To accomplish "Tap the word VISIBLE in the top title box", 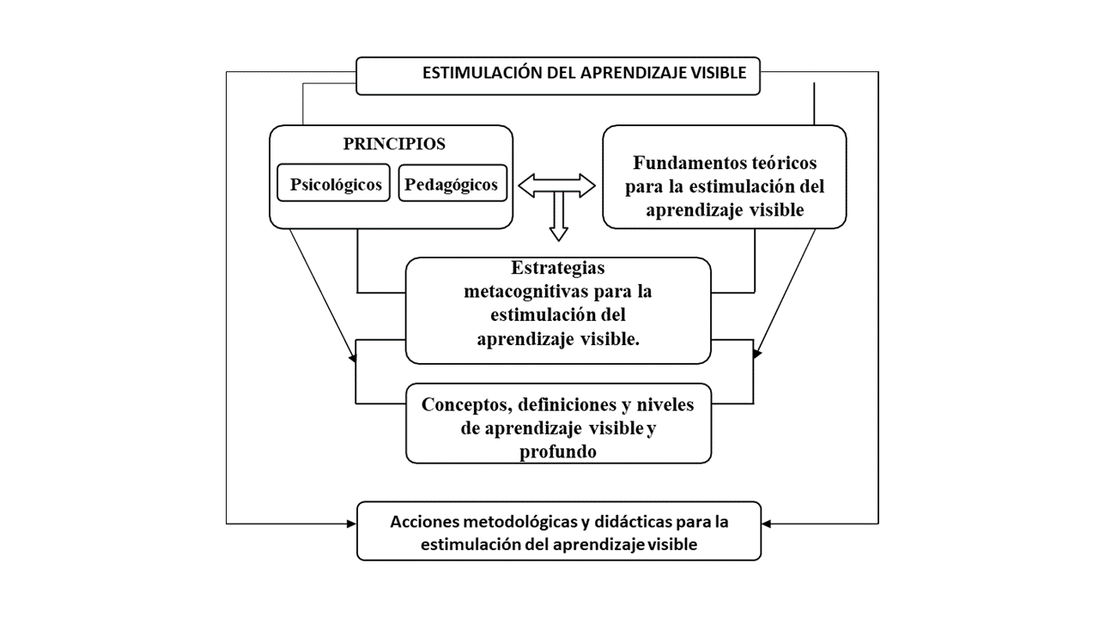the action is (719, 73).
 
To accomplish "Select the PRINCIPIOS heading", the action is (394, 143).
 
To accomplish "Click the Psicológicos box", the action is (334, 183).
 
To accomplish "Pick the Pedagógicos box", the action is (452, 183).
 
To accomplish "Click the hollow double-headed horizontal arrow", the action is (557, 186).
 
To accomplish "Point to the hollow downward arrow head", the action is (558, 233).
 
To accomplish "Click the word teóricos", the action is (781, 163).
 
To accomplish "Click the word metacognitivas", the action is (526, 291).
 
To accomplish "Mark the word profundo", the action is (558, 451).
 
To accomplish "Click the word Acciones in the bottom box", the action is (424, 522).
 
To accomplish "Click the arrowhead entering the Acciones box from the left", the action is (352, 524).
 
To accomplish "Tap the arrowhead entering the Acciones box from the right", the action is (767, 524).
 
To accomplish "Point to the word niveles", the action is (665, 404).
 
